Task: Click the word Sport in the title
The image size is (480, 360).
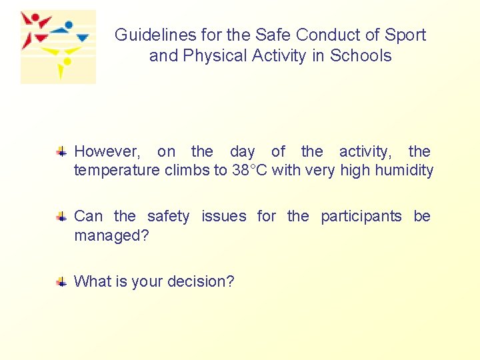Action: (x=405, y=35)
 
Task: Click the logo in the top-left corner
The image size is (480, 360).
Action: (x=58, y=47)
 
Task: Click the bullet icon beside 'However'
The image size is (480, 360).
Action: (x=61, y=152)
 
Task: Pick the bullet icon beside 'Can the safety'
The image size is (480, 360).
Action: (x=61, y=217)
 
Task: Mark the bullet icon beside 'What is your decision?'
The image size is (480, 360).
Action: (x=61, y=282)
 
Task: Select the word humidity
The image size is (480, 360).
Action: (x=404, y=171)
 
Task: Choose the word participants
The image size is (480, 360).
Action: (x=361, y=217)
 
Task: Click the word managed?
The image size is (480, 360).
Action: (x=111, y=235)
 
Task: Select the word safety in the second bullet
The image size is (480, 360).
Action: (x=168, y=217)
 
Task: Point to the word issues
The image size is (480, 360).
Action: (x=223, y=217)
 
